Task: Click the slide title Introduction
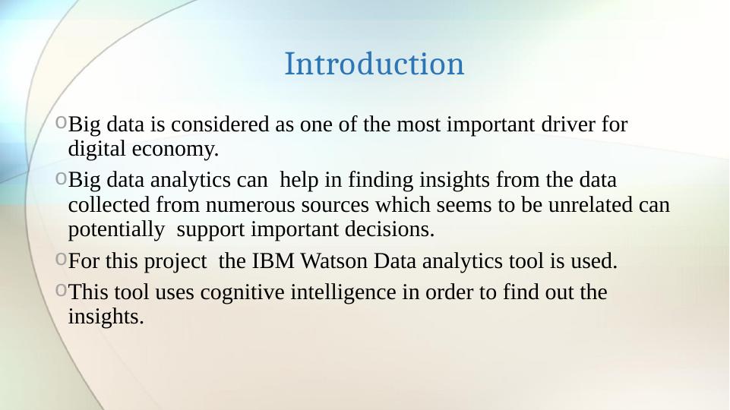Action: pyautogui.click(x=374, y=65)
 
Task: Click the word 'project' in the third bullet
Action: pyautogui.click(x=176, y=263)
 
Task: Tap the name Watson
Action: pyautogui.click(x=337, y=263)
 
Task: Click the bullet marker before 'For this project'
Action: pyautogui.click(x=61, y=261)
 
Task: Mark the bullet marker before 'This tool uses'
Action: pyautogui.click(x=61, y=290)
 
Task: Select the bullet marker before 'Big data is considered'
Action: pyautogui.click(x=61, y=123)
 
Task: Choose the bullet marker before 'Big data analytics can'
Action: pyautogui.click(x=61, y=180)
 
